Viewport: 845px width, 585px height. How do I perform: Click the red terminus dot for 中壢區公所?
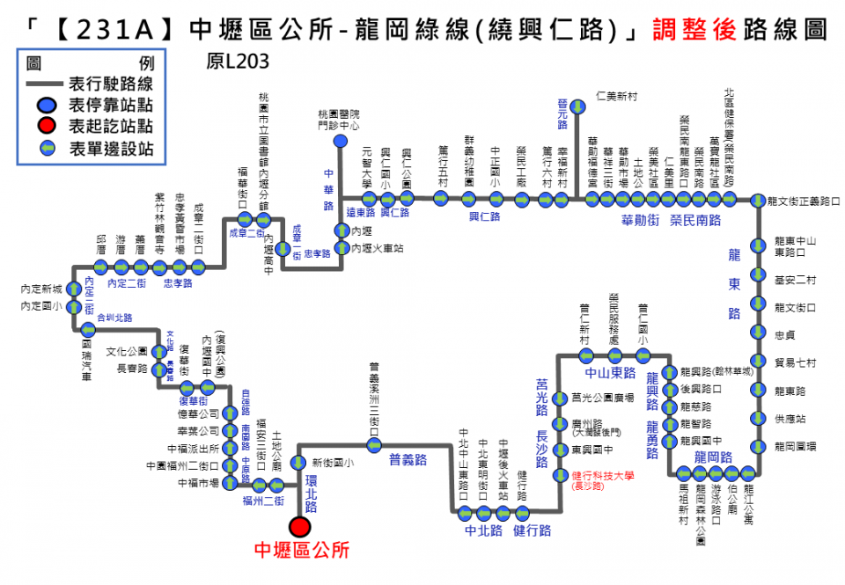(x=300, y=526)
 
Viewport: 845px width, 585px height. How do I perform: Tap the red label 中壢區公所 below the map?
(x=301, y=550)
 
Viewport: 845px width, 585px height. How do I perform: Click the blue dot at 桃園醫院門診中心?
(x=340, y=142)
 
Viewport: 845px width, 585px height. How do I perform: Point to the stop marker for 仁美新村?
(x=578, y=107)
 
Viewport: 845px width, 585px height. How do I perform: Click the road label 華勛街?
(x=640, y=219)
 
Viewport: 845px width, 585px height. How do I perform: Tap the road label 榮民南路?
(x=695, y=219)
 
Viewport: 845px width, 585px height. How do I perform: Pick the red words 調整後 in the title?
(x=687, y=30)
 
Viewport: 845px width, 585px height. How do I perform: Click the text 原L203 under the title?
(x=237, y=62)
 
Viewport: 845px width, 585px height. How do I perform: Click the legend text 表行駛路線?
(x=111, y=84)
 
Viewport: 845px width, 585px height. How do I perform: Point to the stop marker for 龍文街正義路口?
(x=757, y=201)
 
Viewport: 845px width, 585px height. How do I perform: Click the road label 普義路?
(x=408, y=459)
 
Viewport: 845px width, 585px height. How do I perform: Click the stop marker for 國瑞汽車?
(x=87, y=330)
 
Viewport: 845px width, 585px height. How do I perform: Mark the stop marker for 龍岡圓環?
(x=757, y=446)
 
